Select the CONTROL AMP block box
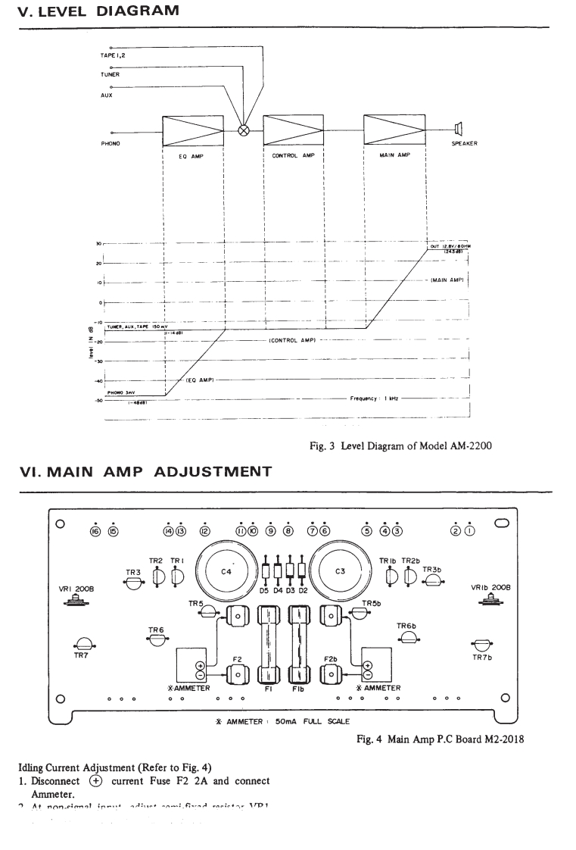[293, 130]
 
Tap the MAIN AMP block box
[394, 130]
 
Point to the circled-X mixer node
[244, 130]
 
